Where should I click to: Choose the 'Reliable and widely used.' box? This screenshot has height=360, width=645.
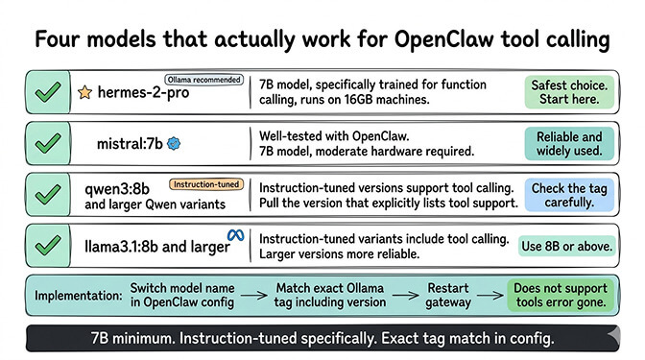click(565, 144)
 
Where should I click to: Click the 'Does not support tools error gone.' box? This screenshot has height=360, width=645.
click(561, 295)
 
